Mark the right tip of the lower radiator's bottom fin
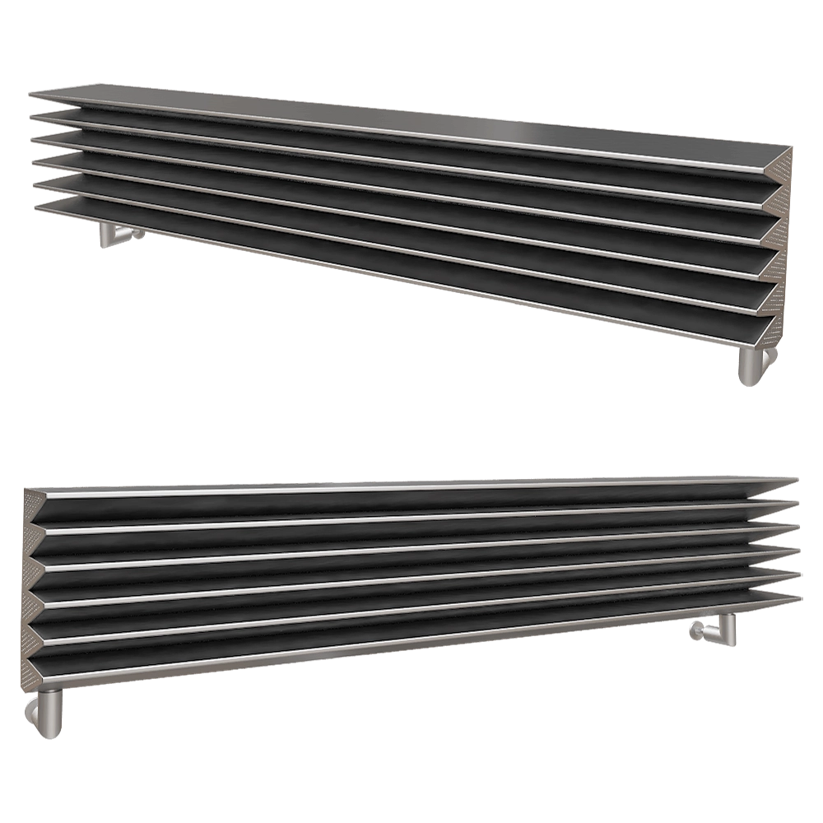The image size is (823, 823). (x=797, y=597)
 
